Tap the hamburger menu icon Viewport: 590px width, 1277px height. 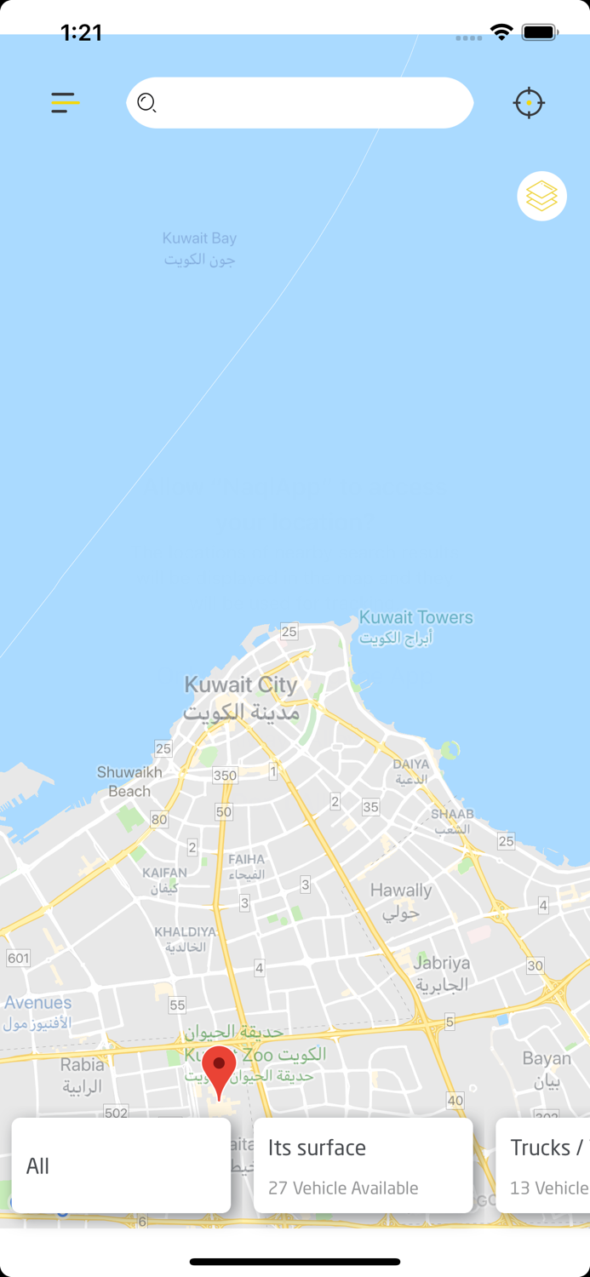click(x=65, y=103)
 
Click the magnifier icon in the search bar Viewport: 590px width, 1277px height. click(x=146, y=103)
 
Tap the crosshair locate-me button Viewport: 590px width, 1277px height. click(x=529, y=103)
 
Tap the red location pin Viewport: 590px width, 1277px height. click(x=219, y=1070)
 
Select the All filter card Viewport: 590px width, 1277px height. click(x=121, y=1165)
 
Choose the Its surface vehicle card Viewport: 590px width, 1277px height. click(x=363, y=1165)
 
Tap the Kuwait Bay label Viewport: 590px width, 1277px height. click(x=199, y=249)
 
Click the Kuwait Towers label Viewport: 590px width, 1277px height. click(x=415, y=627)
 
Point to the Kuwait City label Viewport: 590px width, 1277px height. click(x=241, y=697)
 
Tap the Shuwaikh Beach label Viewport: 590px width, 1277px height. click(x=129, y=782)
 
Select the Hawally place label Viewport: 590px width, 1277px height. click(x=401, y=901)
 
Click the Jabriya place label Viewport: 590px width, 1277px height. click(x=441, y=973)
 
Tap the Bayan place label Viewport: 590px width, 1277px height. click(x=547, y=1069)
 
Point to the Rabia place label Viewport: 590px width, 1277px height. click(x=82, y=1074)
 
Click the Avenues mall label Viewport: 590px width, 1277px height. click(x=37, y=1012)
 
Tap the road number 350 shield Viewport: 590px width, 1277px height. click(x=225, y=775)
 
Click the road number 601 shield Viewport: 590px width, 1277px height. click(x=18, y=959)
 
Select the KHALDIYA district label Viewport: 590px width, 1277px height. click(x=186, y=939)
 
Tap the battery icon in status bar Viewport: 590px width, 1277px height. click(x=539, y=32)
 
